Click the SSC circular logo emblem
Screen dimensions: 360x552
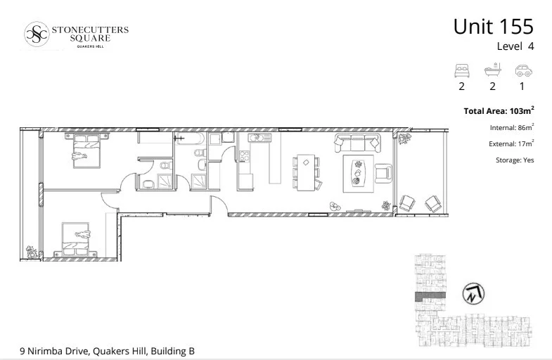37,34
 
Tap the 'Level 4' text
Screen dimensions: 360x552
515,47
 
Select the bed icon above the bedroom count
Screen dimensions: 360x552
462,70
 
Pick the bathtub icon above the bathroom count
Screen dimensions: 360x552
492,70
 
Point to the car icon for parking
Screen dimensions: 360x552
522,70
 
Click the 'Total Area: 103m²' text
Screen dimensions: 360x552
499,111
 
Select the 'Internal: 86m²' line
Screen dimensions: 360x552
511,127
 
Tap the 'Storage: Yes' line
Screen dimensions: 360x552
515,160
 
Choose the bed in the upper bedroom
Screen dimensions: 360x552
83,148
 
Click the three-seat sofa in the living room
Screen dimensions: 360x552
358,143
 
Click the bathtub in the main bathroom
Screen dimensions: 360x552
191,149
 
